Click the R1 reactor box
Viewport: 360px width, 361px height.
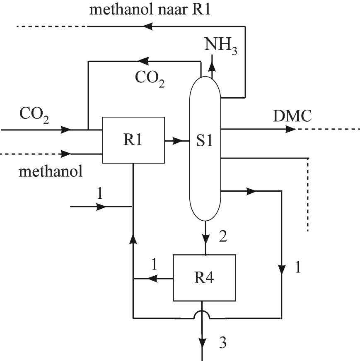point(133,140)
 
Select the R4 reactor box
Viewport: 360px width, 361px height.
point(204,278)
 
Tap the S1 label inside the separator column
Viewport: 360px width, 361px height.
point(205,141)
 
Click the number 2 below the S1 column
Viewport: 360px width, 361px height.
point(222,237)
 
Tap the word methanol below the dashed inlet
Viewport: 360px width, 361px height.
point(51,171)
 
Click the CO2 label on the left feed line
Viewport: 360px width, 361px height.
point(34,116)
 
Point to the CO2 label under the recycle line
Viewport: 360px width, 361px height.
point(150,78)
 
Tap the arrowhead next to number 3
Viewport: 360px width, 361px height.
point(202,342)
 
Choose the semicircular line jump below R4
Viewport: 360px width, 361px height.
point(202,313)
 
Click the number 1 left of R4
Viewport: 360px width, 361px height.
point(154,265)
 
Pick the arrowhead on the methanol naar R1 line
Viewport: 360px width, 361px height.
point(147,26)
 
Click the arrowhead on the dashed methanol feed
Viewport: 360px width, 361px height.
point(66,154)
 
